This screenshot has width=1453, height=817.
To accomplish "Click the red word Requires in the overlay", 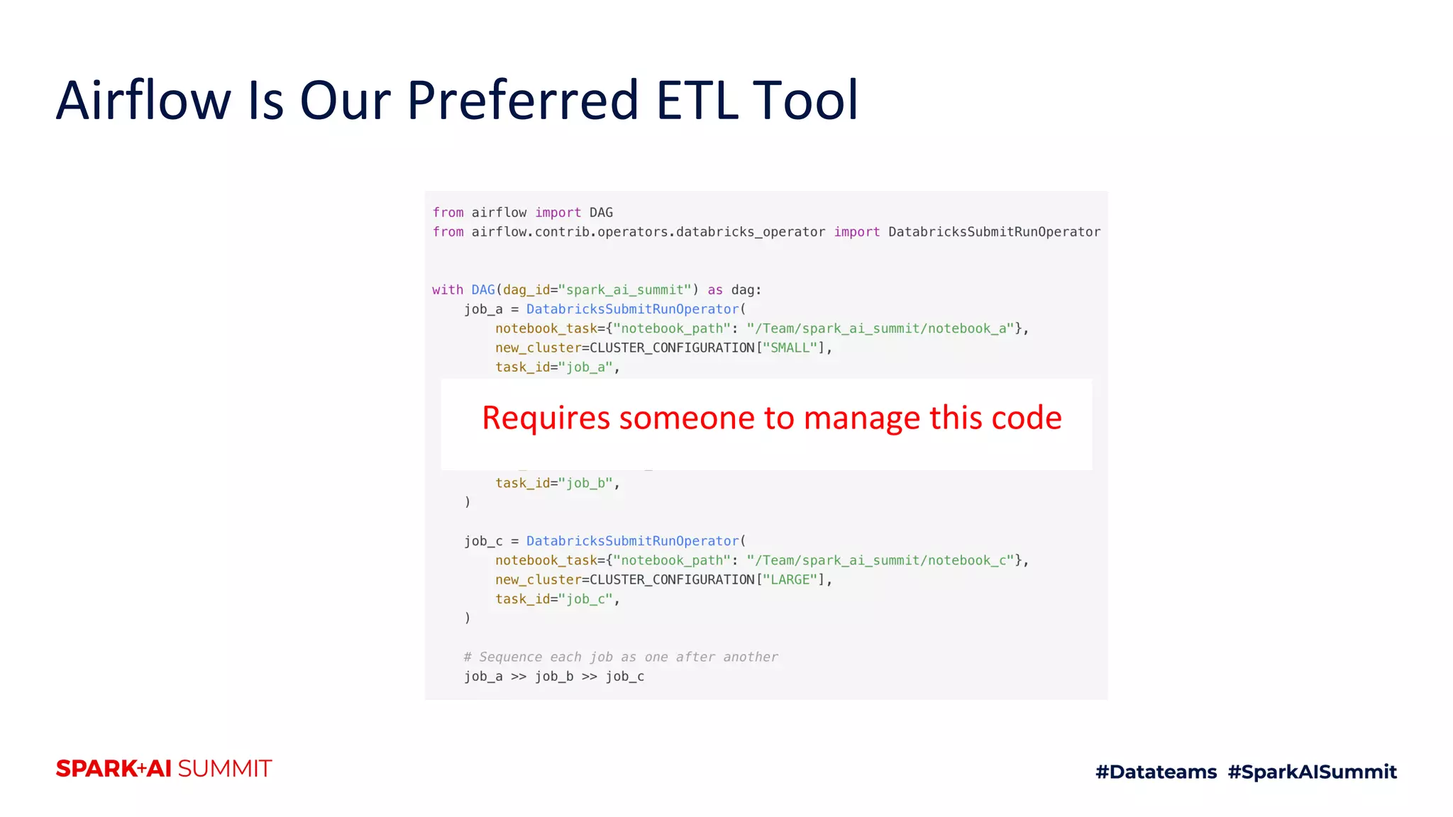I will tap(546, 418).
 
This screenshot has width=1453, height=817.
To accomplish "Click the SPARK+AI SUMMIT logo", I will tap(164, 769).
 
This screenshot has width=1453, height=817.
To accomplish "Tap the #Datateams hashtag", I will tap(1156, 772).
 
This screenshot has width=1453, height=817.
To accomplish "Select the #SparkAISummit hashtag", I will tap(1312, 772).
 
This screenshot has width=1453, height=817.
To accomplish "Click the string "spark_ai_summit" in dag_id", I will tap(624, 290).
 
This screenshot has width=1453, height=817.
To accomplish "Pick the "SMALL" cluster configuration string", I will tap(790, 348).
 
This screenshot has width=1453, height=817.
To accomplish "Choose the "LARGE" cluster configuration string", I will tap(790, 580).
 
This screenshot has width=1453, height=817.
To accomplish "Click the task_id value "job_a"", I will tap(585, 367).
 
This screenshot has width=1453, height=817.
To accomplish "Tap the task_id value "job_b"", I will tap(585, 483).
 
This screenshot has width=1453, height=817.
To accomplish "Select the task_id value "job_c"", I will tap(585, 599).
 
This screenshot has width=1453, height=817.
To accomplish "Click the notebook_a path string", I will tap(880, 328).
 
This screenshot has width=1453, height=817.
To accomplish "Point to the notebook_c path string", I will tap(880, 560).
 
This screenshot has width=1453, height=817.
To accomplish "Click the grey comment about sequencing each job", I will tap(621, 657).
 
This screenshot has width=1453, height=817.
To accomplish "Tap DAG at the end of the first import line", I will tap(601, 213).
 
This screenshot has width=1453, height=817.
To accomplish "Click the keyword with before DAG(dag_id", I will tap(447, 290).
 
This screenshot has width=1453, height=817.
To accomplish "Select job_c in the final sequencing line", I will tap(624, 677).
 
